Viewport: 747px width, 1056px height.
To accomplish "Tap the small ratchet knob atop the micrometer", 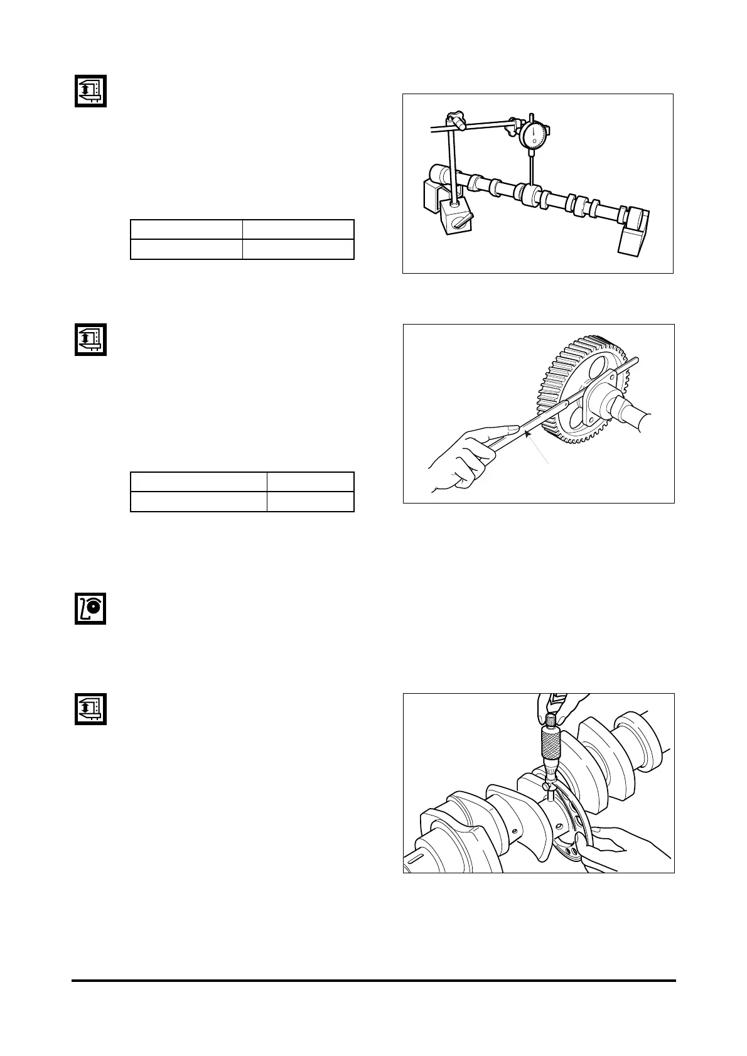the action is [x=551, y=718].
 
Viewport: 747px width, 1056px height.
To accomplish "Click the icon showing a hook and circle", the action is [x=90, y=608].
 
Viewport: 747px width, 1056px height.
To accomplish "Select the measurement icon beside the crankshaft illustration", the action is [x=90, y=709].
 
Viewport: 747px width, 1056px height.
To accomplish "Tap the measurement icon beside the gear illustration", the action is [x=90, y=339].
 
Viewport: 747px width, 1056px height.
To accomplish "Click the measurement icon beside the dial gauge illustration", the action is [x=90, y=91].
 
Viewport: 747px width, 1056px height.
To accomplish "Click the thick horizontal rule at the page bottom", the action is [x=373, y=980].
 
